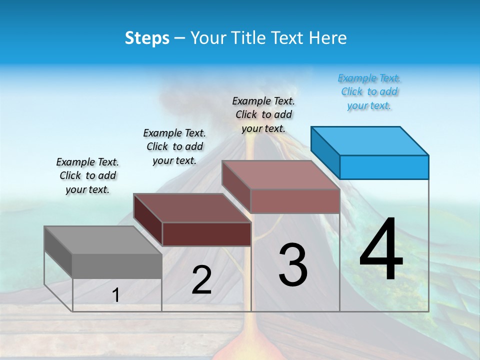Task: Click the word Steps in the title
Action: tap(146, 38)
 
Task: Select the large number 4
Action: tap(381, 250)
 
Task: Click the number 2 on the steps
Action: tap(201, 280)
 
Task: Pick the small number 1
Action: tap(115, 295)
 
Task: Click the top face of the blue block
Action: tap(370, 140)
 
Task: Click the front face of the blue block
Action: tap(384, 167)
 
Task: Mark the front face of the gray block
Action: tap(117, 265)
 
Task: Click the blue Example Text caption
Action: tap(369, 92)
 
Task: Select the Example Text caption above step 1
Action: tap(87, 176)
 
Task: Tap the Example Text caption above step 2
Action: tap(174, 147)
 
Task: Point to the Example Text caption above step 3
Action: tap(263, 115)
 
